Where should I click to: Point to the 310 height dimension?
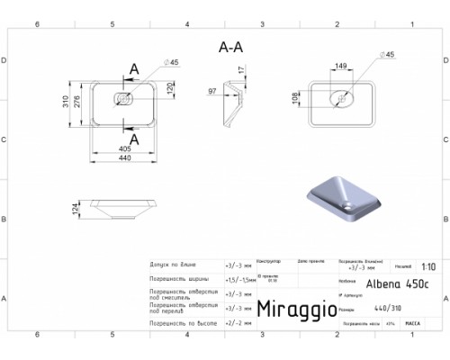66,103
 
